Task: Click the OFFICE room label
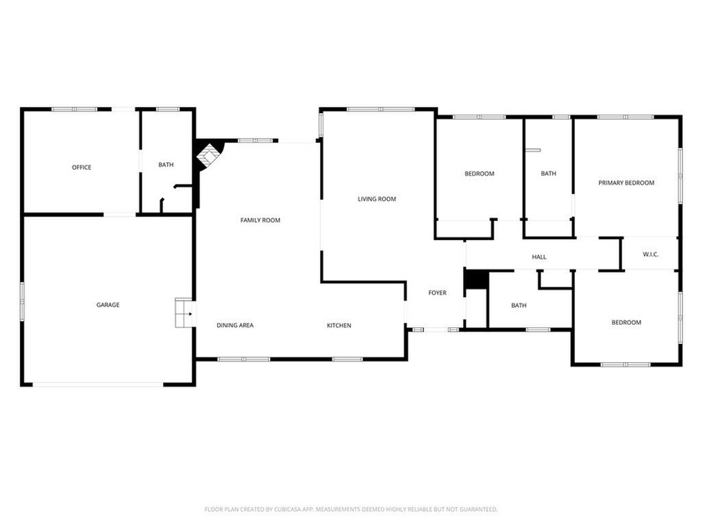pyautogui.click(x=81, y=167)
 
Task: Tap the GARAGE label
pyautogui.click(x=108, y=304)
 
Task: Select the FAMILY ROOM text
pyautogui.click(x=260, y=220)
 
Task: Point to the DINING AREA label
pyautogui.click(x=235, y=325)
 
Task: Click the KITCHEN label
pyautogui.click(x=338, y=325)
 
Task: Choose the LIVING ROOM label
pyautogui.click(x=376, y=199)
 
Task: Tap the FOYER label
pyautogui.click(x=437, y=293)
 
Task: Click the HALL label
pyautogui.click(x=539, y=257)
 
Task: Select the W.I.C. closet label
pyautogui.click(x=650, y=254)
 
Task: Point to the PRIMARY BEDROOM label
pyautogui.click(x=626, y=182)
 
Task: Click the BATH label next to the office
pyautogui.click(x=166, y=165)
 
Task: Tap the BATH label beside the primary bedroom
pyautogui.click(x=548, y=174)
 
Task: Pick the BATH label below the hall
pyautogui.click(x=519, y=305)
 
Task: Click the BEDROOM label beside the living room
pyautogui.click(x=479, y=174)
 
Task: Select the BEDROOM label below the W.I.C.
pyautogui.click(x=626, y=322)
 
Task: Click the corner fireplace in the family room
pyautogui.click(x=207, y=155)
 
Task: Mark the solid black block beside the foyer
pyautogui.click(x=475, y=279)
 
